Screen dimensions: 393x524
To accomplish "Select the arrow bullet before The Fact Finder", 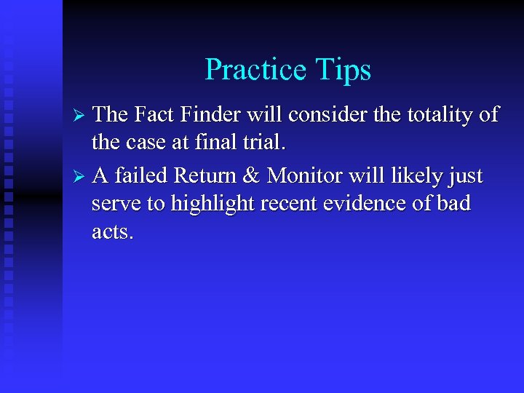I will tap(82, 116).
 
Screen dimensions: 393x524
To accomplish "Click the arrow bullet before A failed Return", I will tap(82, 177).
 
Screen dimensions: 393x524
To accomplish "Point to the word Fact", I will tap(156, 114).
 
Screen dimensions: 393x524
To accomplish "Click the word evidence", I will tap(362, 205).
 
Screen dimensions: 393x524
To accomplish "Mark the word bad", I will tap(453, 205).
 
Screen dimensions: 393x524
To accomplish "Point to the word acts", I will tap(112, 233).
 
